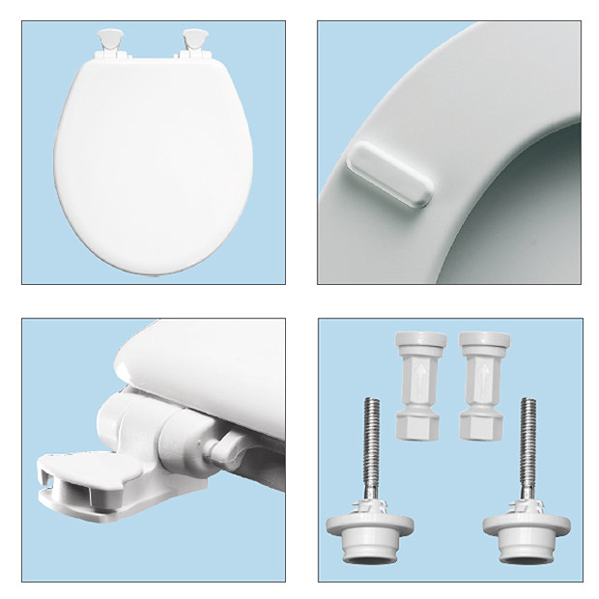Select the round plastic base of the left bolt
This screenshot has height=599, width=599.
370,529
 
